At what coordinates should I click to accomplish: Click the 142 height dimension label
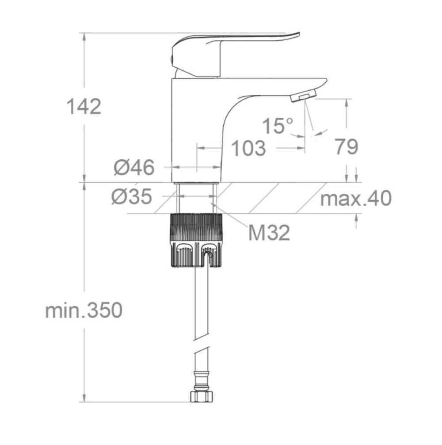click(84, 107)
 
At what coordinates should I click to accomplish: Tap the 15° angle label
click(278, 126)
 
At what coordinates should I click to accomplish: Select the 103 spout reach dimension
click(249, 148)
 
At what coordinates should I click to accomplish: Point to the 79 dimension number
click(347, 147)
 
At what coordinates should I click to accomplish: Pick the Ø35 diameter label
click(132, 197)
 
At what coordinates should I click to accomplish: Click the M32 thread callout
click(269, 232)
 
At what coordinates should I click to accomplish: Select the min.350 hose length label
click(84, 310)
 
